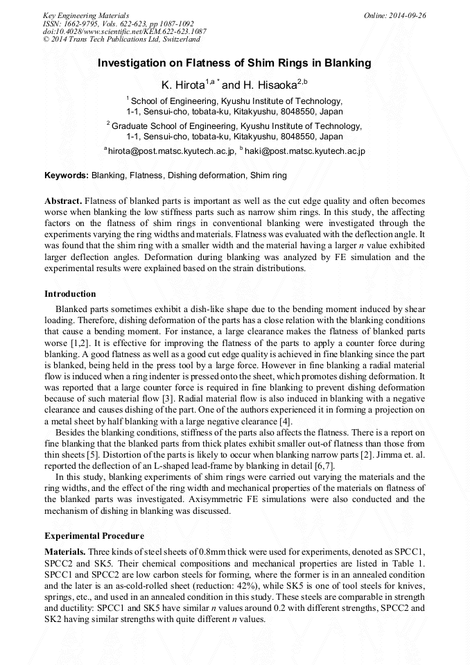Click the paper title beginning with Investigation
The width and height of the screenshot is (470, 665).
[x=234, y=63]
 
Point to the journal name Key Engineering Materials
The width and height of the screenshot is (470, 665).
[x=86, y=15]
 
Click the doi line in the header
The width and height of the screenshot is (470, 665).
[x=124, y=31]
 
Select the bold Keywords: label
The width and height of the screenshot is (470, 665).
[x=67, y=175]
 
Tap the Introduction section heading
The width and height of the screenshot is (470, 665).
[x=70, y=294]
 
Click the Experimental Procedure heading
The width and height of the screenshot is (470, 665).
[x=94, y=536]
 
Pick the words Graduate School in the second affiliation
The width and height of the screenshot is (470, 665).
[x=144, y=126]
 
